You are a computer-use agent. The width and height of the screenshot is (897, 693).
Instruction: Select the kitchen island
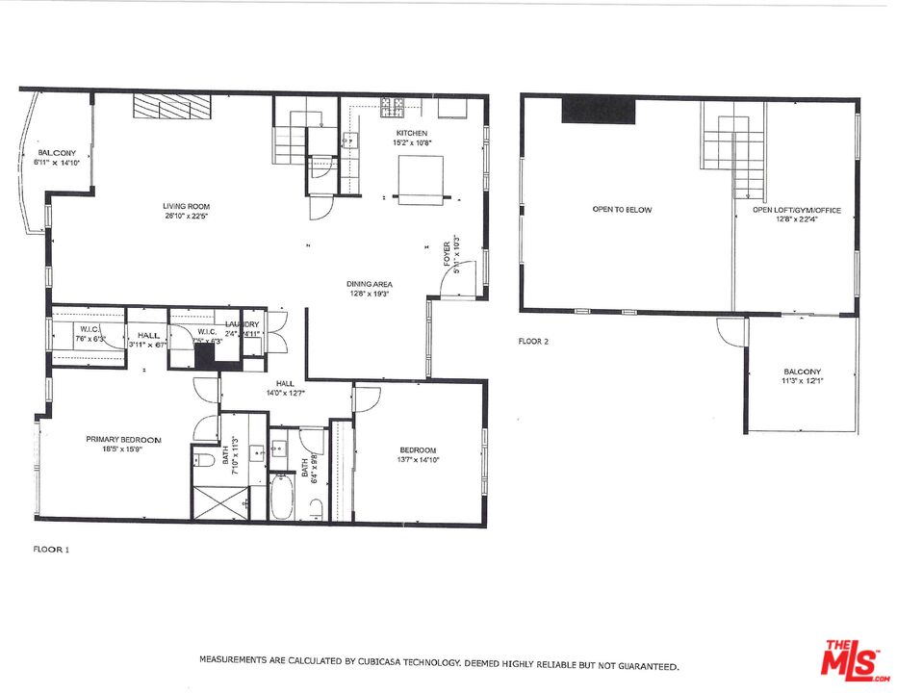(422, 179)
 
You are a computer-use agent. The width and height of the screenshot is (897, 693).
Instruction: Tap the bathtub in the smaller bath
(280, 497)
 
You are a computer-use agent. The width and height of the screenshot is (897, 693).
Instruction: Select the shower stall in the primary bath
(219, 500)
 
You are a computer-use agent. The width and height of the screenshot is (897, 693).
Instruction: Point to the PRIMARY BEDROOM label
(123, 440)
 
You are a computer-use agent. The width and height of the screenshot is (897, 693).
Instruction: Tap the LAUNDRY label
(243, 324)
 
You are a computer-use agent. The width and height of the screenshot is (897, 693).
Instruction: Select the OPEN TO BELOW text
(622, 209)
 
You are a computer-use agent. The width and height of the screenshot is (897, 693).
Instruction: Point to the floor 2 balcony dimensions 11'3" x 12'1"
(802, 381)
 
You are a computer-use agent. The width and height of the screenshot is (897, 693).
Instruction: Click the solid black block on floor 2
(599, 110)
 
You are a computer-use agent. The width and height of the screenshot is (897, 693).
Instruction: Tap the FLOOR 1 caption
(51, 550)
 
